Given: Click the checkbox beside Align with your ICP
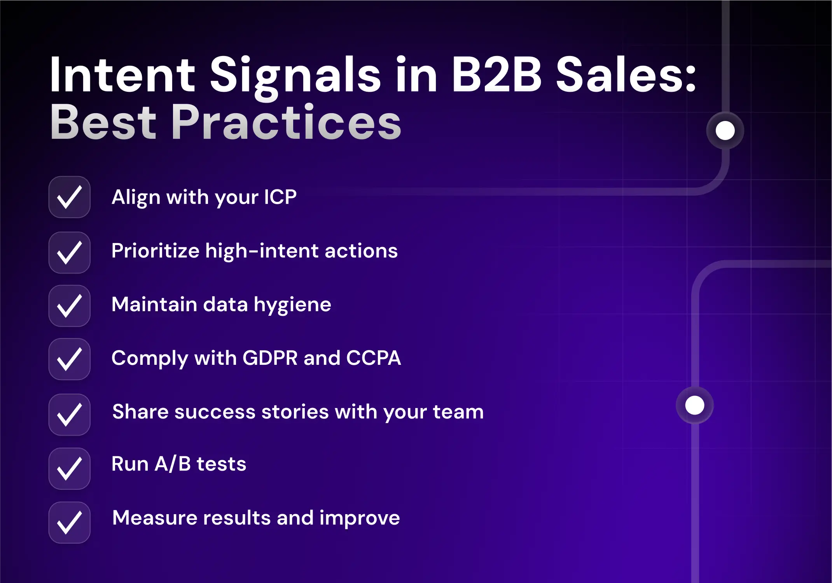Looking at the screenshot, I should point(70,197).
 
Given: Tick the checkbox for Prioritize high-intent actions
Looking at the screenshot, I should point(70,253).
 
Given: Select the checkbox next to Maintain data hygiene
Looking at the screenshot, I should point(70,306).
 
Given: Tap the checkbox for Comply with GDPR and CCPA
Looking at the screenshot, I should point(70,359).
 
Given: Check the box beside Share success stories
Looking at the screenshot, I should point(70,415).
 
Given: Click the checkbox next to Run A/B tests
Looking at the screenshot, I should point(70,469).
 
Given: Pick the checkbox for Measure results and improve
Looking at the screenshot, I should point(70,523).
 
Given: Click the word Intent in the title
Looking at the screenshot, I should point(122,75).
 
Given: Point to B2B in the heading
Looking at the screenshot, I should point(496,75).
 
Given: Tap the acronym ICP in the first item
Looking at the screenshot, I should point(280,197).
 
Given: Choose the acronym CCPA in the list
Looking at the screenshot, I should point(373,358).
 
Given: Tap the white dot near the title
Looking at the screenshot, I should point(725,131).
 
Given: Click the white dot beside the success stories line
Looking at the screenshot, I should point(695,405).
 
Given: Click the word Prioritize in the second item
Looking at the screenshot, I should point(155,251).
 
